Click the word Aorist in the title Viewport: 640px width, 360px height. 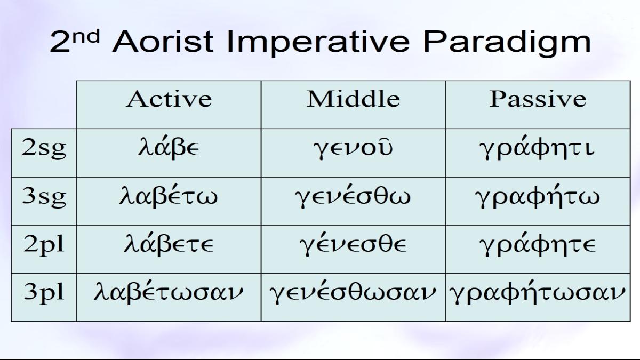(163, 42)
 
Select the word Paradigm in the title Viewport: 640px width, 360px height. (507, 42)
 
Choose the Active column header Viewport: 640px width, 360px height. (169, 99)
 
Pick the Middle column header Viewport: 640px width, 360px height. (354, 99)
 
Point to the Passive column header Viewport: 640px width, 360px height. (538, 99)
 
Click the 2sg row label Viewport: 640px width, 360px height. (44, 149)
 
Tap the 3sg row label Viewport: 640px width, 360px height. (44, 197)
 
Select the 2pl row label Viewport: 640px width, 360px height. (44, 245)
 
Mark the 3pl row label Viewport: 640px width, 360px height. (44, 293)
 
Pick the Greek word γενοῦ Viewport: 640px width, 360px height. (353, 149)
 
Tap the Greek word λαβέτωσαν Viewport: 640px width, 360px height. (169, 292)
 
